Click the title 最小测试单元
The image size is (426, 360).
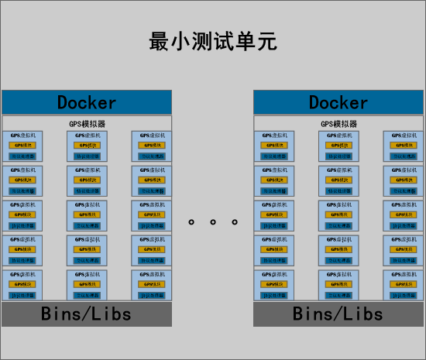[212, 41]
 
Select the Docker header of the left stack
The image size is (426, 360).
[87, 102]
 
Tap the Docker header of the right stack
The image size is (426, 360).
[338, 102]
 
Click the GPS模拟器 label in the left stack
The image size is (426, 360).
[87, 124]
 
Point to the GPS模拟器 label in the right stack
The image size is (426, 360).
[338, 124]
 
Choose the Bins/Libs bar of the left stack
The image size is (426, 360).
[87, 314]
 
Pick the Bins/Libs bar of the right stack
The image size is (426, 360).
[338, 314]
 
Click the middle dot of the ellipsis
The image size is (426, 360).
[213, 222]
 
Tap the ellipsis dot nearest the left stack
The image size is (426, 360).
[191, 222]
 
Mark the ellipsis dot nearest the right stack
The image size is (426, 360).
[235, 222]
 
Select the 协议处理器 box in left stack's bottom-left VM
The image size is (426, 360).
[23, 295]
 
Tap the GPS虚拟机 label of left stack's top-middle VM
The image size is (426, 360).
[87, 135]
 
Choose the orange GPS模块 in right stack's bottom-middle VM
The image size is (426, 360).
[339, 285]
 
